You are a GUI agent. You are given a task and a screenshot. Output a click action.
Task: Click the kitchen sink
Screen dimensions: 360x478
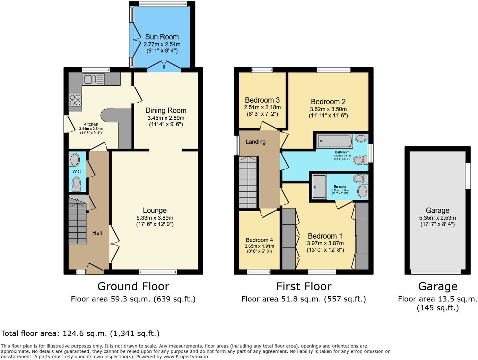point(93,79)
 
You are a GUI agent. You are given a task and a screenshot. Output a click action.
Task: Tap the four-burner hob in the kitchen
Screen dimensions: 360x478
point(75,100)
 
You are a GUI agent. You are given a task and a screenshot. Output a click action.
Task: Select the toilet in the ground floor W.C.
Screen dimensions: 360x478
point(77,183)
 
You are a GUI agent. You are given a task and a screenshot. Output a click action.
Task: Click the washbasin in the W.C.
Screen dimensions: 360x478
point(75,160)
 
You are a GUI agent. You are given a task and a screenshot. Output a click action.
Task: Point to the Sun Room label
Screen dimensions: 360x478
point(162,37)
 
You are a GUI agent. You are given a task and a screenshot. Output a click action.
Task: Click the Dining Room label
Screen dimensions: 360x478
point(166,110)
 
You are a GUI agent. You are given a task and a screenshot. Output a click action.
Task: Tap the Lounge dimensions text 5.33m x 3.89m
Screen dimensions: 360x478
point(155,218)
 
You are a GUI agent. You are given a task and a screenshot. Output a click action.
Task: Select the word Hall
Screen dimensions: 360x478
point(97,233)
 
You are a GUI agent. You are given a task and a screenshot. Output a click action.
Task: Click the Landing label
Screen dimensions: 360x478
point(255,142)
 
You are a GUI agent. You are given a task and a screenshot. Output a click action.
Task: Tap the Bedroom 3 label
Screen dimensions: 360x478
point(262,100)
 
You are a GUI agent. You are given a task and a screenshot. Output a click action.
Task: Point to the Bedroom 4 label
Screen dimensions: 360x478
point(259,240)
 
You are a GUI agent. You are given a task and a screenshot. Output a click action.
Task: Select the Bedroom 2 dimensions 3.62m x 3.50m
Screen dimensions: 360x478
point(328,109)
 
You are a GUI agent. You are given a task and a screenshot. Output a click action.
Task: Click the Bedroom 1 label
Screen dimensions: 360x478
point(325,236)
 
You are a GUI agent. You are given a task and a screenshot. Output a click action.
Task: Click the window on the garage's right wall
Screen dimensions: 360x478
point(468,176)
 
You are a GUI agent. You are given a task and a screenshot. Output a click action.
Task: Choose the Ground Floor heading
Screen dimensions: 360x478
point(133,286)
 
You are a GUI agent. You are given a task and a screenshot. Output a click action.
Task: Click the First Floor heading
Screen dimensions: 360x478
point(304,286)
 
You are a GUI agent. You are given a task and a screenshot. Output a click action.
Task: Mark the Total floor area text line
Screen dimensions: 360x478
point(80,334)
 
